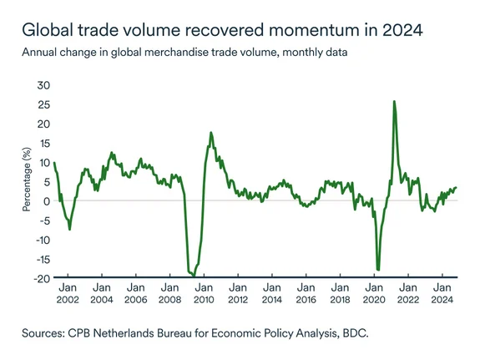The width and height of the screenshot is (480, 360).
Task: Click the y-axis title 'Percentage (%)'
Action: (x=26, y=180)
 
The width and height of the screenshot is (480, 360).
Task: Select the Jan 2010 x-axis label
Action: (x=204, y=292)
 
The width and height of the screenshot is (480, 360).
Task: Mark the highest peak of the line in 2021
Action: (x=393, y=102)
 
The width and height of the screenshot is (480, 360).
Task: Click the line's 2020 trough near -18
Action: (x=378, y=269)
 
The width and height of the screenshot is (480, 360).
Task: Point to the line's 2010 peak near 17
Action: (x=210, y=133)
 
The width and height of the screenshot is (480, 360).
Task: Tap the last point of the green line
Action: (x=457, y=187)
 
